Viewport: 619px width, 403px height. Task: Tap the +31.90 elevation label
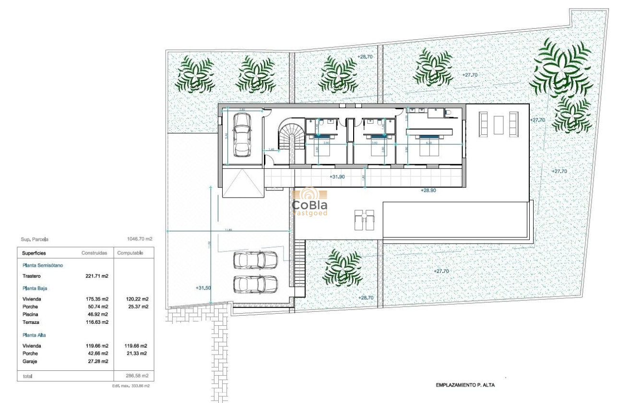338,177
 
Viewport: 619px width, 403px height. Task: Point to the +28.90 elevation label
428,190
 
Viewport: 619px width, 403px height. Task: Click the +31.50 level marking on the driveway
203,288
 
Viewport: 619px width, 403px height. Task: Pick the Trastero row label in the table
32,276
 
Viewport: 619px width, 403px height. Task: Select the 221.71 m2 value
96,276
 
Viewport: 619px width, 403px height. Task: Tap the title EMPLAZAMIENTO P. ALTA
464,385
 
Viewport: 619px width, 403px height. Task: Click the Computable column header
130,253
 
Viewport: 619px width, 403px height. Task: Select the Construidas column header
95,253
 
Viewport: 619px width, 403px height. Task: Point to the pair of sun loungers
363,221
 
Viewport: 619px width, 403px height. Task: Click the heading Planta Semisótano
42,265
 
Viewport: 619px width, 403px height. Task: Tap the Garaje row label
30,361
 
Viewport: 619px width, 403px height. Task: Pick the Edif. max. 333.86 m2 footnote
131,386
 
